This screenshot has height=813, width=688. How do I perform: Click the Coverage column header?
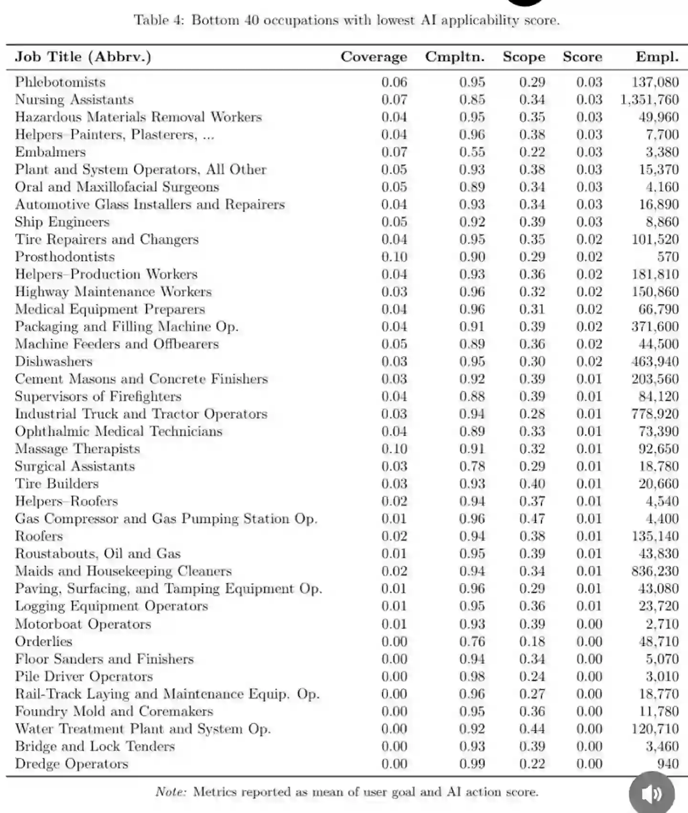pos(374,57)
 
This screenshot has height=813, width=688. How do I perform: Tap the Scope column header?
pos(524,57)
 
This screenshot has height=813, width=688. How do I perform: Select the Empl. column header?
pos(657,57)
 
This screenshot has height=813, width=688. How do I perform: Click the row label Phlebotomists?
pos(60,82)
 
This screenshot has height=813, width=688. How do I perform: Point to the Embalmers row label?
pos(50,152)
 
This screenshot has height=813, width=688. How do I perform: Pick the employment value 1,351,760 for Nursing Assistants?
pos(649,100)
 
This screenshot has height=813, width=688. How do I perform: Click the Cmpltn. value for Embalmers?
pos(472,152)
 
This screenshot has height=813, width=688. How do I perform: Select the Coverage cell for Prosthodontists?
pos(394,257)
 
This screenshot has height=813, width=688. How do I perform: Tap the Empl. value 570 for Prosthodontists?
pos(667,257)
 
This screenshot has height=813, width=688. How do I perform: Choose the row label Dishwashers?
pos(54,361)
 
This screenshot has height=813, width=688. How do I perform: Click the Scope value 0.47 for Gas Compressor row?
pos(532,519)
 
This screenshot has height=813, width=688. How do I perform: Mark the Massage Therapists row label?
pos(77,449)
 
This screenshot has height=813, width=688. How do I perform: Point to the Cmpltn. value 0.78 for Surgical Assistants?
pos(472,466)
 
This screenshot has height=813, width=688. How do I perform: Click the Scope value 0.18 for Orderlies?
pos(532,641)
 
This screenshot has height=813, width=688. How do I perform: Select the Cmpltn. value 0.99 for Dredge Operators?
pos(472,764)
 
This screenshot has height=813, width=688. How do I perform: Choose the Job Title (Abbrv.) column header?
pos(83,57)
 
